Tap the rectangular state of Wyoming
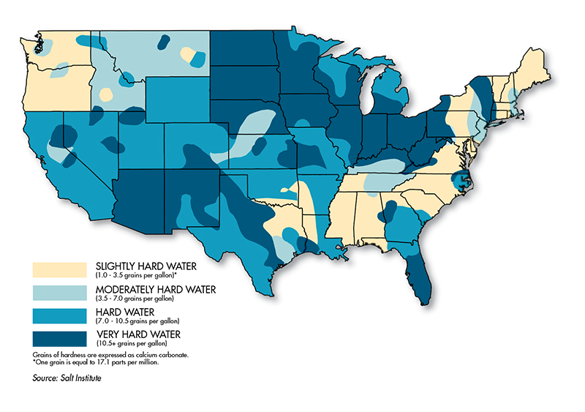point(178,99)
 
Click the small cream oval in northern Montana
point(188,55)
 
